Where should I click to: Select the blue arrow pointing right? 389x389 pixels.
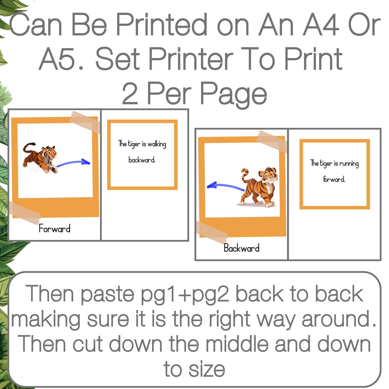coord(73,163)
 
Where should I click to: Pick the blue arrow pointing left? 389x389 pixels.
coord(225,186)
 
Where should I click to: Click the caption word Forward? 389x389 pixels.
coord(55,228)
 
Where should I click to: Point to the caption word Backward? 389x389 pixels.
coord(241,248)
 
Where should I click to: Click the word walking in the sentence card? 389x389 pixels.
coord(157,144)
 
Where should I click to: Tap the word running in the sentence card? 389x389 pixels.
coord(349,164)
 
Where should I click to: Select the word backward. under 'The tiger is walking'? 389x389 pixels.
coord(142,159)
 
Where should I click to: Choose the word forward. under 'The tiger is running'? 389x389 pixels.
coord(334,179)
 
